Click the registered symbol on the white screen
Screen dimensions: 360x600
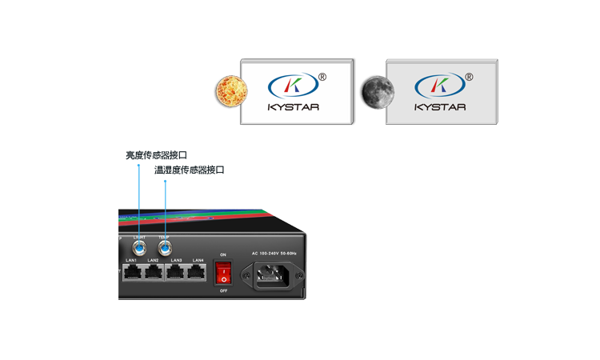tap(322, 78)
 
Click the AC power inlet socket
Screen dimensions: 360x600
tap(278, 278)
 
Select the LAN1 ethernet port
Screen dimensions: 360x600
tap(132, 272)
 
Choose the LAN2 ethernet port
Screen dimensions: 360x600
tap(154, 272)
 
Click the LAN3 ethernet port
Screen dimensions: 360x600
tap(176, 272)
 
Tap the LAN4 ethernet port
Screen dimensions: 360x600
tap(198, 272)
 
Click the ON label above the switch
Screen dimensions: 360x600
tap(223, 254)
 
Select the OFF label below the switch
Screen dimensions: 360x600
tap(223, 291)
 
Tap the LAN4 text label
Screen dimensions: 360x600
tap(198, 260)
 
